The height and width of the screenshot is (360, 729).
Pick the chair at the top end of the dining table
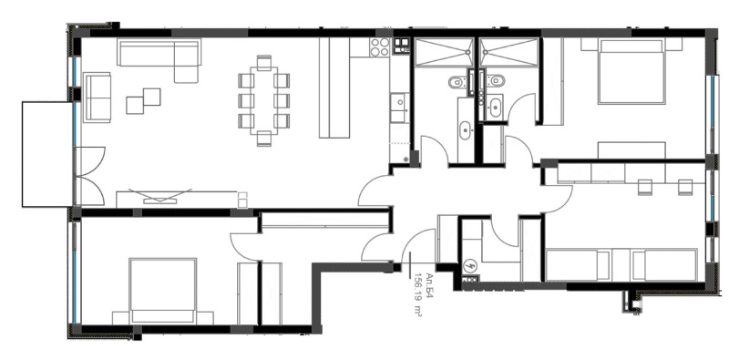(263, 63)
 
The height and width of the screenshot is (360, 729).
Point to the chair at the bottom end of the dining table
(263, 139)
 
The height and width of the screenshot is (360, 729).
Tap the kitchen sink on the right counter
(398, 105)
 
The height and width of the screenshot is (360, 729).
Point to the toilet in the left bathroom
(456, 83)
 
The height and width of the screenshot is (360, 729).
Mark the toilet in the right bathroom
(494, 83)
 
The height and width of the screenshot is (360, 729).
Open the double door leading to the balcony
(88, 176)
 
